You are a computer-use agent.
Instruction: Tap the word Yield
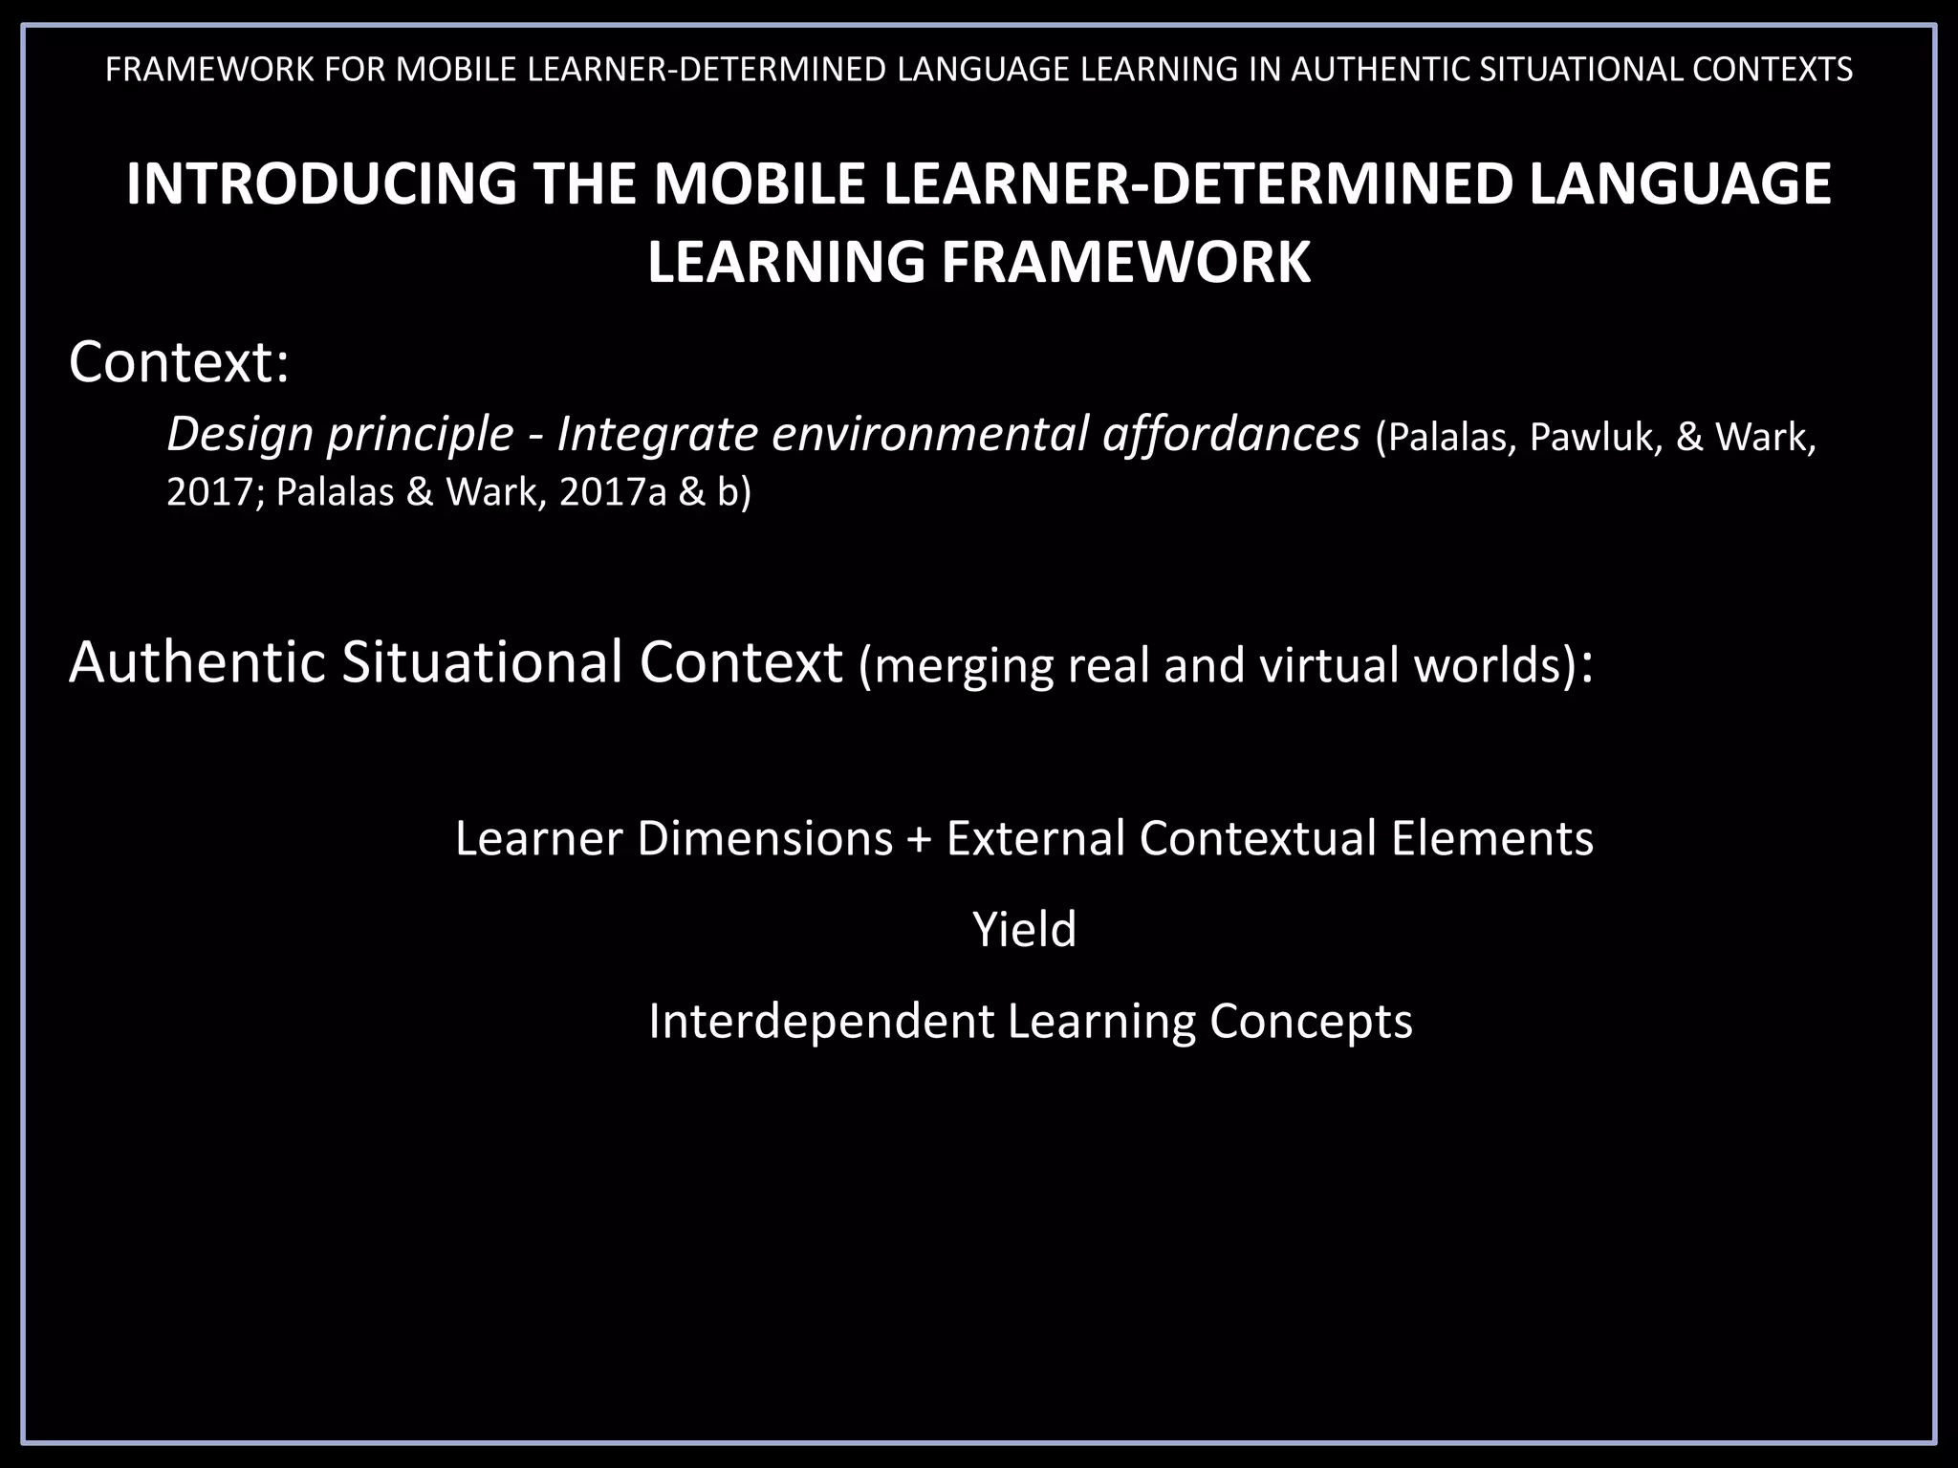click(x=1024, y=929)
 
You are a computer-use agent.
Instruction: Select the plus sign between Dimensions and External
click(x=919, y=838)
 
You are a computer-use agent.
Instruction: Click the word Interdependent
click(x=821, y=1021)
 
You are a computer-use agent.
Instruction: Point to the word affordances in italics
click(x=1231, y=435)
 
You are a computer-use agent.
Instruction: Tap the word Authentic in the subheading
click(x=198, y=661)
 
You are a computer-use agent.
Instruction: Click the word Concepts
click(x=1311, y=1021)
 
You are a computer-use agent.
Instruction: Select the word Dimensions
click(x=765, y=838)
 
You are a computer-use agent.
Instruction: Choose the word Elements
click(x=1491, y=838)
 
